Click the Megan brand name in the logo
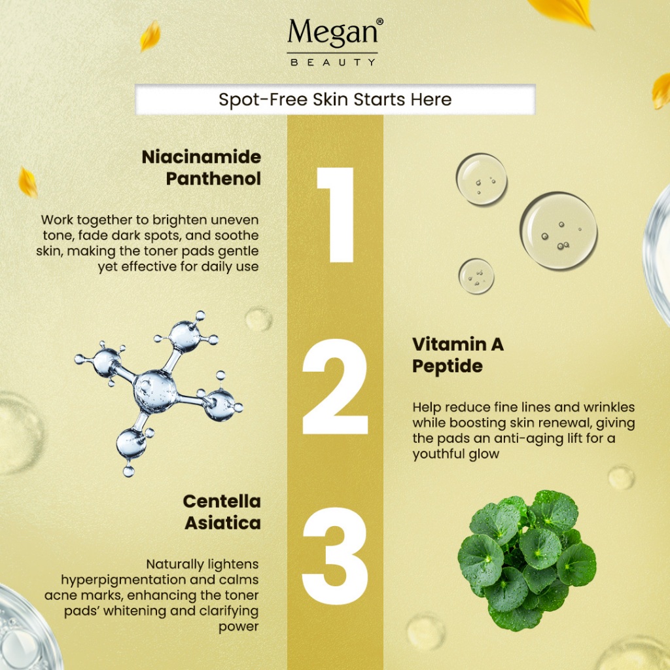pyautogui.click(x=333, y=33)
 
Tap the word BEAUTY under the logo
pyautogui.click(x=333, y=62)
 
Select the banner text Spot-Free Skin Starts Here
pyautogui.click(x=335, y=99)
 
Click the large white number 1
pyautogui.click(x=336, y=215)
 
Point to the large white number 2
pyautogui.click(x=335, y=387)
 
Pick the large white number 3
pyautogui.click(x=335, y=555)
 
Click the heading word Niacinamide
pyautogui.click(x=202, y=157)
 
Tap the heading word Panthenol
pyautogui.click(x=213, y=179)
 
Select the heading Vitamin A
pyautogui.click(x=457, y=344)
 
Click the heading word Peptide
pyautogui.click(x=448, y=366)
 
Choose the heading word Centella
pyautogui.click(x=222, y=501)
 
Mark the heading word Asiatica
pyautogui.click(x=222, y=523)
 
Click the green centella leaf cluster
pyautogui.click(x=527, y=560)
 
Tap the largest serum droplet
pyautogui.click(x=559, y=231)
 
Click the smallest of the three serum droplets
pyautogui.click(x=476, y=276)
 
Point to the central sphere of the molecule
pyautogui.click(x=154, y=392)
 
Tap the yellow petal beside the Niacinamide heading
pyautogui.click(x=27, y=183)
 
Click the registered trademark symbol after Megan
pyautogui.click(x=379, y=22)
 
